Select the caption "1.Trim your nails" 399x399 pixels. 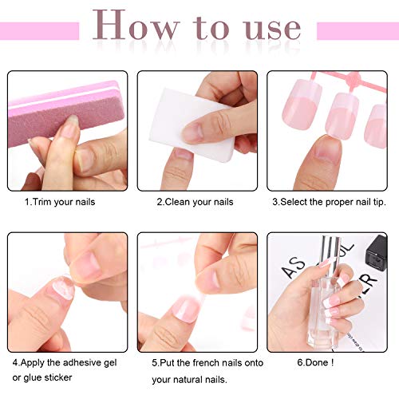59,202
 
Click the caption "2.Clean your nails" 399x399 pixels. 195,202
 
